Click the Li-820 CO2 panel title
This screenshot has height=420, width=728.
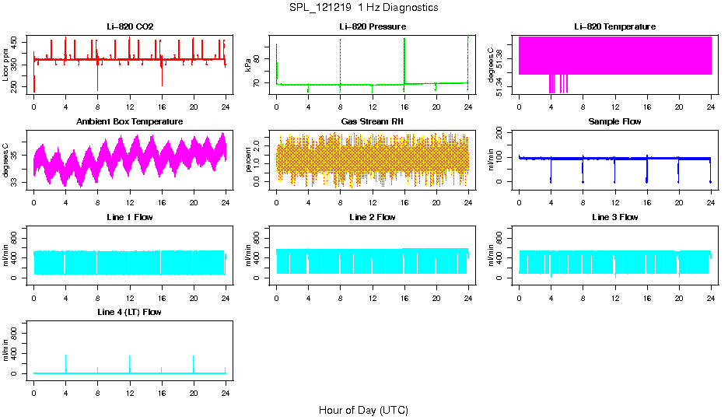(130, 27)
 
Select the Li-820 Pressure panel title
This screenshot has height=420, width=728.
(373, 27)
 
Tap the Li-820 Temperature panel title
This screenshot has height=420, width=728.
(614, 27)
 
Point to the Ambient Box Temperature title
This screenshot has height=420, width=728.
(130, 122)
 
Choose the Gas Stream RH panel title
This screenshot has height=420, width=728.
(373, 122)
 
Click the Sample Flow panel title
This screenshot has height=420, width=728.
(614, 122)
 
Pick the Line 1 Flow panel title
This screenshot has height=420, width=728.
(130, 217)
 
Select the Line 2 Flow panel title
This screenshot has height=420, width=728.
(373, 217)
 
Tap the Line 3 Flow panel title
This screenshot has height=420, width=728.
(614, 217)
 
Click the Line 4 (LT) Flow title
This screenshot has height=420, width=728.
(130, 312)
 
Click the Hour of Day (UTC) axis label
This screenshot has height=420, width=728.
(363, 410)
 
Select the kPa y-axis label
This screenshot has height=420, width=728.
(249, 65)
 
